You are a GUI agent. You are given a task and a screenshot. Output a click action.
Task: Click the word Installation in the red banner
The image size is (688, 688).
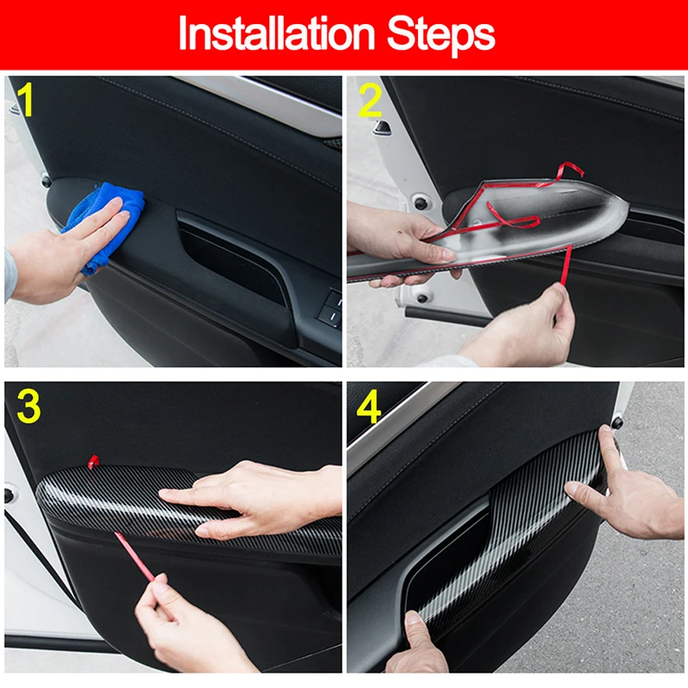[x=276, y=34]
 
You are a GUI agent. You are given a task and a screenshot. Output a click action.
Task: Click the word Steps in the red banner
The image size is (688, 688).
[x=441, y=35]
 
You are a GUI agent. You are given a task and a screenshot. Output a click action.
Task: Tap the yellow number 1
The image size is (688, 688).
[x=26, y=100]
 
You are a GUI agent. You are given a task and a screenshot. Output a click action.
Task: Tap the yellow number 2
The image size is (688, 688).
[x=370, y=101]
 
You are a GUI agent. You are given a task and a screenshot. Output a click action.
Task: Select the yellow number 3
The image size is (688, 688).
[x=28, y=406]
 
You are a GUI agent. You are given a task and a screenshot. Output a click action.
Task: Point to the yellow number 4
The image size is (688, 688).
[x=369, y=407]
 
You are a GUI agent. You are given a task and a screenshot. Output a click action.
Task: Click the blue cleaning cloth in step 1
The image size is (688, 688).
[x=104, y=226]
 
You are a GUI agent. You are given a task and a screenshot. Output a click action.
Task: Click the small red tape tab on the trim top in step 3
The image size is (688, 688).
[x=93, y=462]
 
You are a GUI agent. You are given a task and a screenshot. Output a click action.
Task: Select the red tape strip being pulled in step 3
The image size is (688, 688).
[x=135, y=556]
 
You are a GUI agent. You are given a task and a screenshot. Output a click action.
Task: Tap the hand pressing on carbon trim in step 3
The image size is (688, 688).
[x=255, y=501]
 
